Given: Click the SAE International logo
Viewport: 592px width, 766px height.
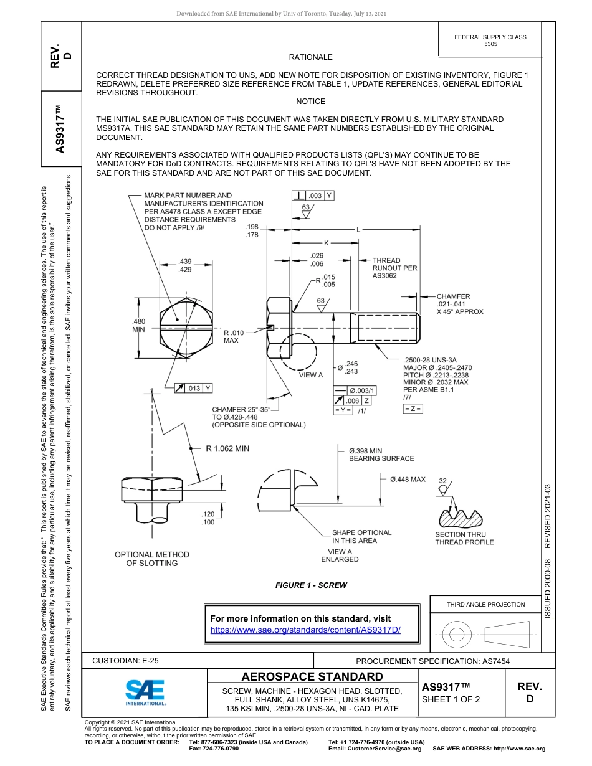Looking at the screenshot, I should point(145,691).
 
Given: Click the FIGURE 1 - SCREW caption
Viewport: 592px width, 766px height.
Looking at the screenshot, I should point(311,585).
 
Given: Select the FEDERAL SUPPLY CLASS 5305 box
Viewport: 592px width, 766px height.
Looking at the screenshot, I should point(490,40).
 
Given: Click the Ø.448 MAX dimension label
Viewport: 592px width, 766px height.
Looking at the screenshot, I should point(408,480).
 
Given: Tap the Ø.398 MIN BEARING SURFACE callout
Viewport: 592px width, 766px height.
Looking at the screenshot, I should point(381,455).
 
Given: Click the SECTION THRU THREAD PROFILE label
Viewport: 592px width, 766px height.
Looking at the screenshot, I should point(464,538).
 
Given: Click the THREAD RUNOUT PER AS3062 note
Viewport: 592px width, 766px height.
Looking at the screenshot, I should point(394,268).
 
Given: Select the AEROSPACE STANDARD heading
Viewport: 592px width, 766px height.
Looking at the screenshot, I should point(312,676).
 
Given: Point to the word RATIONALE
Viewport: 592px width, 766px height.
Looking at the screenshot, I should point(310,57).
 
